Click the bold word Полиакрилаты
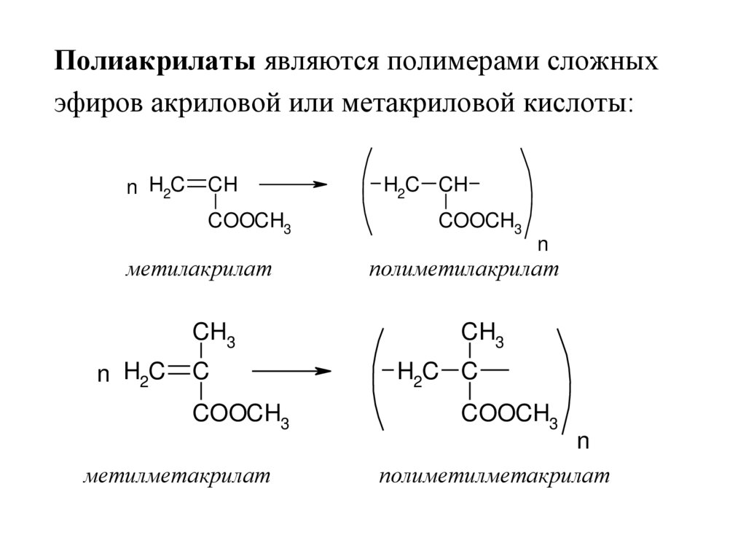tap(154, 61)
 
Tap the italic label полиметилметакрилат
tap(493, 477)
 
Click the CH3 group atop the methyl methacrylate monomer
tap(213, 334)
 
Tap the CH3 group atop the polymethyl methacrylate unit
tap(483, 334)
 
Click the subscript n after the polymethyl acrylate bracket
tap(542, 244)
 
